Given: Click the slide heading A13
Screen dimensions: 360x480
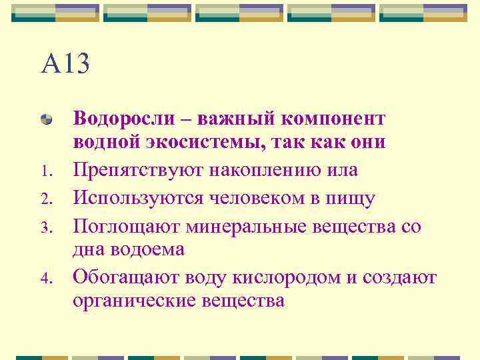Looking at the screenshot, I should point(65,65).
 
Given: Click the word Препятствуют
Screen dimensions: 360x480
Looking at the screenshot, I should point(139,171).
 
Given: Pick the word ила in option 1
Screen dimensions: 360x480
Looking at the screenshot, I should point(344,171).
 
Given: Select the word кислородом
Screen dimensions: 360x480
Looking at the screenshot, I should point(283,277).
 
